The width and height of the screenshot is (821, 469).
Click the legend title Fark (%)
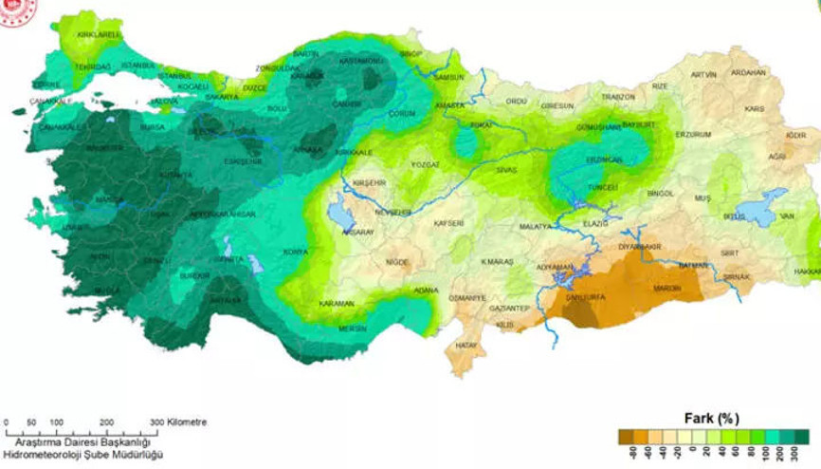coord(711,418)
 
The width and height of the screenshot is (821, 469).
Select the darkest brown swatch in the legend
coord(625,437)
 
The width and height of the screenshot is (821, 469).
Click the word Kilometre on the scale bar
coord(186,422)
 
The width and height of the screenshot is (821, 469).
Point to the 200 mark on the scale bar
coord(107,422)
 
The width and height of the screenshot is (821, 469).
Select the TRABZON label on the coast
coord(617,97)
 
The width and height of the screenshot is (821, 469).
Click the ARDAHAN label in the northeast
coord(748,73)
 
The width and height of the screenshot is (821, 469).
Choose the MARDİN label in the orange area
coord(666,289)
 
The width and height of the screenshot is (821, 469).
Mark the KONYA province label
coord(296,253)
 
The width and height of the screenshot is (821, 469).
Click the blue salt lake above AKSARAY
coord(338,213)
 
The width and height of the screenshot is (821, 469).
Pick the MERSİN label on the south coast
coord(353,328)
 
